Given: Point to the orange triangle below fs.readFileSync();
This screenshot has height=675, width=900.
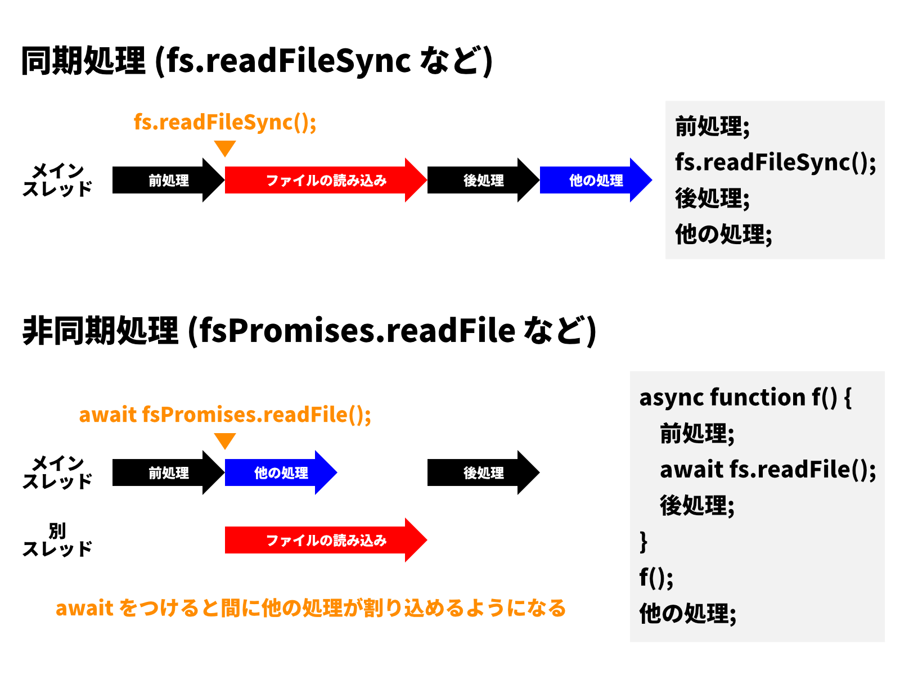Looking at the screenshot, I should coord(225,148).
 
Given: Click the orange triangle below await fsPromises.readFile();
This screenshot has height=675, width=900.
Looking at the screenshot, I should coord(225,440).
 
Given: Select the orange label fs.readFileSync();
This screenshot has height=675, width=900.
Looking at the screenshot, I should coord(225,122).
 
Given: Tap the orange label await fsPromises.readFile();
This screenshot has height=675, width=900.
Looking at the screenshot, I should coord(225,415).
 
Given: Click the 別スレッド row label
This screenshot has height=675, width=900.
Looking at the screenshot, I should coord(57,539).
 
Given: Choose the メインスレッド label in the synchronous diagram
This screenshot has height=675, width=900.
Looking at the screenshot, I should coord(57,180).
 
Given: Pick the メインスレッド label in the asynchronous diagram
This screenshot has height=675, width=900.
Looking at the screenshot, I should coord(57,472).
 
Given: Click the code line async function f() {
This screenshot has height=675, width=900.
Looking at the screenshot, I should coord(745,398).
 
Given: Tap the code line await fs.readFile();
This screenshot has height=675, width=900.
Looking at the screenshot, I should coord(768,470).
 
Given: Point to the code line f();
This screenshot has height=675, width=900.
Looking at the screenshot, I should coord(656,578).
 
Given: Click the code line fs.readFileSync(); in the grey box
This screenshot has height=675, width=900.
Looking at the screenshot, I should coord(775,163).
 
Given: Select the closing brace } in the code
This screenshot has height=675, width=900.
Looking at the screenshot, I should coord(643,542).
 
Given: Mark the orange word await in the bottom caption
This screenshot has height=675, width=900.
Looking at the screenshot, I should coord(84,608).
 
